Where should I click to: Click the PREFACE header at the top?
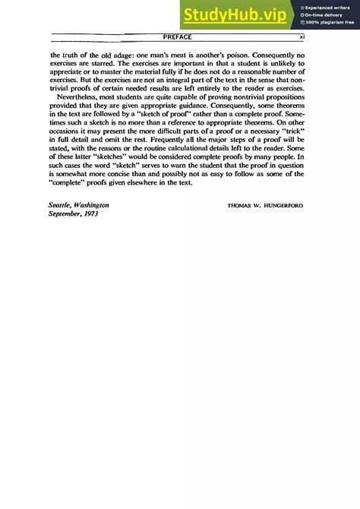pyautogui.click(x=177, y=36)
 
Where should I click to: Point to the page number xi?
pyautogui.click(x=302, y=36)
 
